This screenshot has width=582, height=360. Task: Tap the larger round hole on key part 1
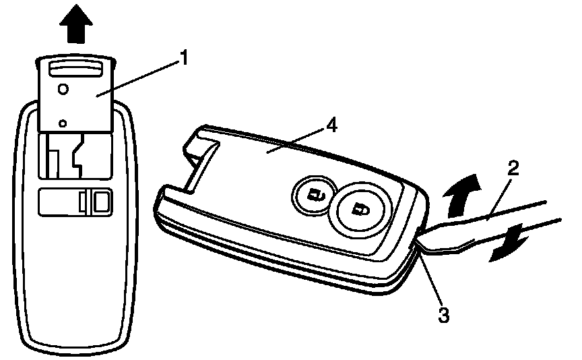click(x=63, y=88)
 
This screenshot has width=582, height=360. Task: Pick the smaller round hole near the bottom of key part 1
click(x=62, y=122)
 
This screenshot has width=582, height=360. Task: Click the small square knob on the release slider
click(x=99, y=201)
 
